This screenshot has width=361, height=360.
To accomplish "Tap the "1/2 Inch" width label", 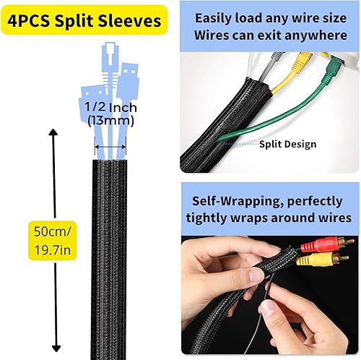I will click(x=110, y=108).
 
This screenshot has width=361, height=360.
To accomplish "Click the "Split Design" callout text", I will click(x=288, y=144).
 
